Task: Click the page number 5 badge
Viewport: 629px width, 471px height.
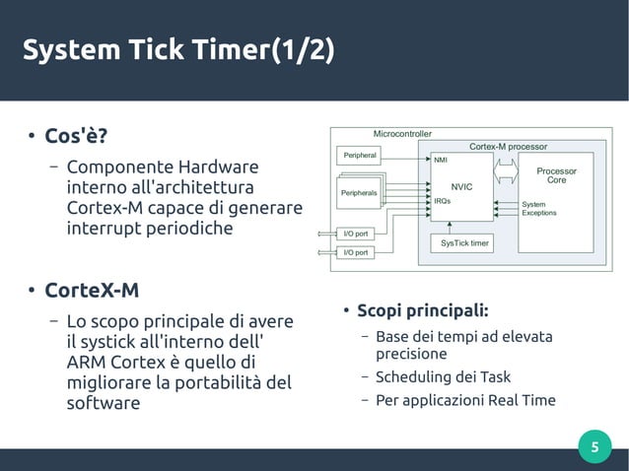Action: (x=594, y=448)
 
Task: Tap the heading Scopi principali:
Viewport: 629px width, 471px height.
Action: (x=423, y=311)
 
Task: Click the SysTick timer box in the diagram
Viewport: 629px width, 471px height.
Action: (x=464, y=242)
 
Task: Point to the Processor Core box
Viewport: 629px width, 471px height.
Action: (x=556, y=176)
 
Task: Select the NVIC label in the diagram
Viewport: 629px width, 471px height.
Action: (x=462, y=186)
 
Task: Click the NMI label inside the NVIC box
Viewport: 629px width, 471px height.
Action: (x=441, y=159)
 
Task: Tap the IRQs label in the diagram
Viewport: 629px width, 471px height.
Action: (x=443, y=200)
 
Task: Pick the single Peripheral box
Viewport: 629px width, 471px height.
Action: (x=360, y=156)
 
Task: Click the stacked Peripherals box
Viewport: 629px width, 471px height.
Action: (x=359, y=193)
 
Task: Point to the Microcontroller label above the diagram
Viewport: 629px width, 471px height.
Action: (x=402, y=133)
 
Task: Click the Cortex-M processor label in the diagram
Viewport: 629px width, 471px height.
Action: (x=508, y=146)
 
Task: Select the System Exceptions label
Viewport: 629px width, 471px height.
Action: (x=539, y=208)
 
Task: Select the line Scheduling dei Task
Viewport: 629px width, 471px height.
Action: (x=443, y=376)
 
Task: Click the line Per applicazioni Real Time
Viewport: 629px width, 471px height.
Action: (x=465, y=400)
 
